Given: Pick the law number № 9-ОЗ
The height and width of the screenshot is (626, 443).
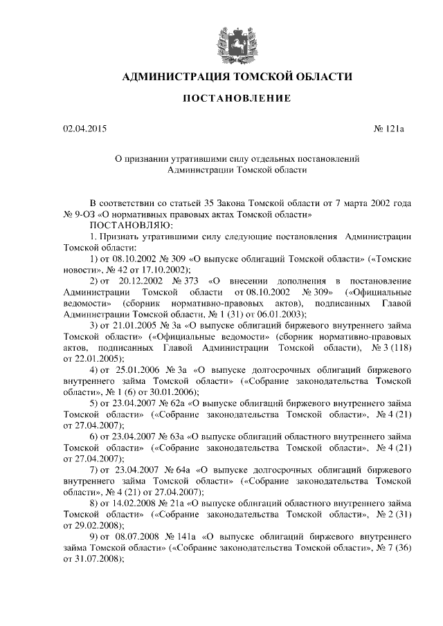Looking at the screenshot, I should click(80, 214).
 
